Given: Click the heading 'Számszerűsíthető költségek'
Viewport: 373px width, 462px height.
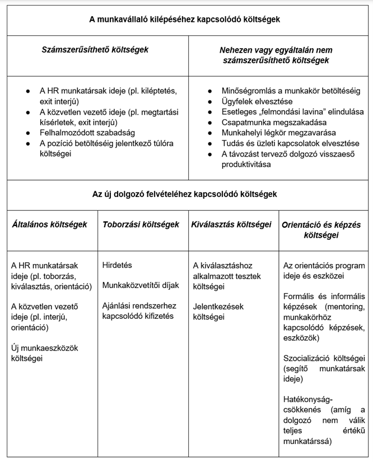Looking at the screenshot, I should [x=95, y=50].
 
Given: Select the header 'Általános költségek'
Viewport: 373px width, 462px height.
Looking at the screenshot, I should [x=50, y=225].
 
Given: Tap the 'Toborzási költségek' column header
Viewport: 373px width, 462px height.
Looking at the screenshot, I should [x=141, y=225].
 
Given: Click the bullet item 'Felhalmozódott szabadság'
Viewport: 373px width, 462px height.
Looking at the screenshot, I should [x=84, y=133].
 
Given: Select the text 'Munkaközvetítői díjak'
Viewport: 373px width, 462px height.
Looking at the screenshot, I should [x=141, y=285].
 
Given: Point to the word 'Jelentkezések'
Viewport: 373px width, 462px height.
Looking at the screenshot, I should [x=218, y=307].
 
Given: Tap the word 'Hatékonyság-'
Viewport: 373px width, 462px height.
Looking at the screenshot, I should [x=307, y=399].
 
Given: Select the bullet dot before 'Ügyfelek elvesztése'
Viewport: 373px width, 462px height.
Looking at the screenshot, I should [x=209, y=101].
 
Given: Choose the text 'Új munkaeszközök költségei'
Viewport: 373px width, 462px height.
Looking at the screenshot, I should [x=45, y=353].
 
